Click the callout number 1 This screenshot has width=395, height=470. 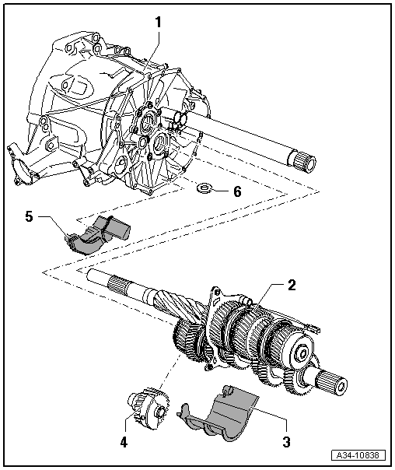(158, 23)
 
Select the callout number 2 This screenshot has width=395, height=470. (291, 285)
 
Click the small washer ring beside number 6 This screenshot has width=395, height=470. (206, 188)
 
